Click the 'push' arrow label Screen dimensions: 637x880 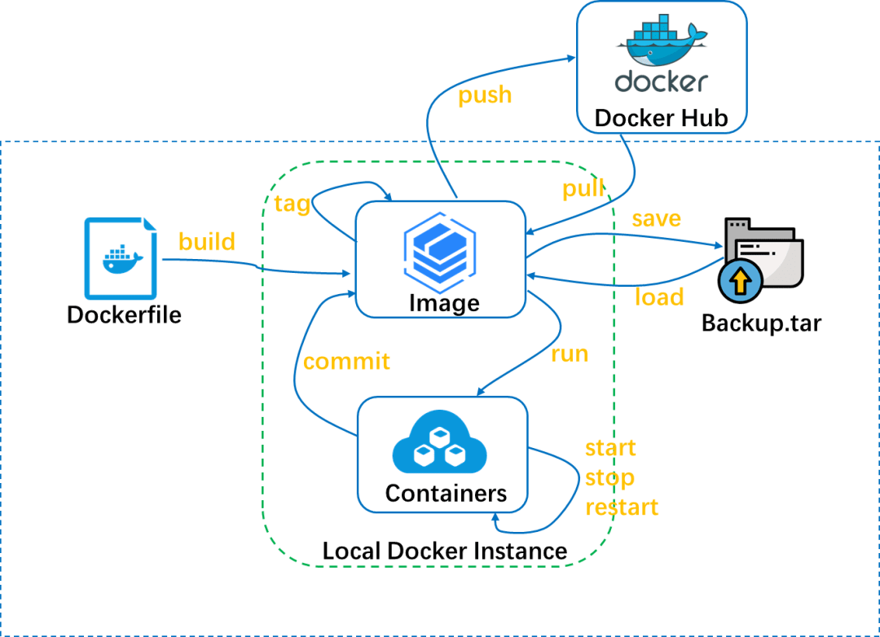click(485, 95)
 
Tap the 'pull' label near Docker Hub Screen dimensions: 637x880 click(583, 189)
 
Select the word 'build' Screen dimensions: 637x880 click(207, 241)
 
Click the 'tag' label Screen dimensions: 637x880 click(293, 203)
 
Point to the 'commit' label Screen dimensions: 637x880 click(346, 361)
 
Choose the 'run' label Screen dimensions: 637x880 click(570, 354)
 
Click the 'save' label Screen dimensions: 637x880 click(656, 219)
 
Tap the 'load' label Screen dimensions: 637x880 click(659, 297)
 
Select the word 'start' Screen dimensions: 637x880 click(610, 448)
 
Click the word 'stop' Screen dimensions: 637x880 click(609, 477)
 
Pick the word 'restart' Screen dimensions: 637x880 click(622, 507)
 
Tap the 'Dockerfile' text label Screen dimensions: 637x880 click(124, 314)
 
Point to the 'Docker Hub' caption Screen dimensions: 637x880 click(661, 117)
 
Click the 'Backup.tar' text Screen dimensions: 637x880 click(761, 323)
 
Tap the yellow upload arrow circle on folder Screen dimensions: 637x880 click(740, 282)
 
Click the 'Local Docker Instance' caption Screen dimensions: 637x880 click(445, 551)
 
